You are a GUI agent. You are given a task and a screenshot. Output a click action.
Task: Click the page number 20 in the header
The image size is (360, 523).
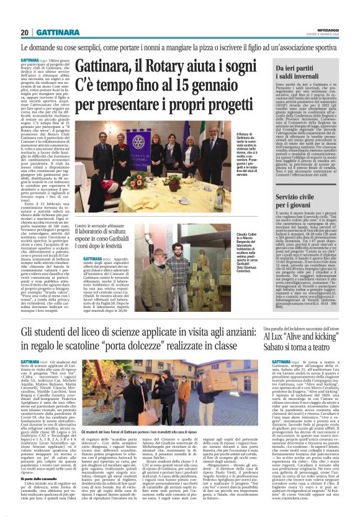(24, 32)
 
